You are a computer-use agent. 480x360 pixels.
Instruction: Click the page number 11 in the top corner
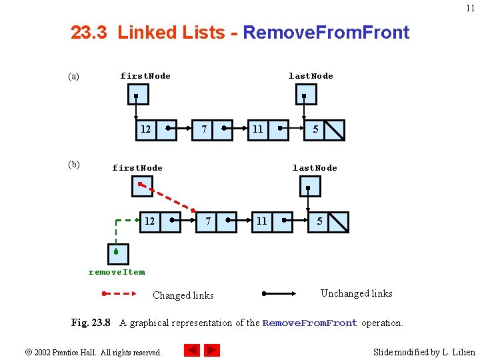[x=471, y=9]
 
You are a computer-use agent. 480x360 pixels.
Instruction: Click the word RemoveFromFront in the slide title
[x=326, y=32]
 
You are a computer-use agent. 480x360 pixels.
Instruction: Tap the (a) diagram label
[x=73, y=77]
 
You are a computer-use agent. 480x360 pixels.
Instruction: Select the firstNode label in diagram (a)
[x=145, y=76]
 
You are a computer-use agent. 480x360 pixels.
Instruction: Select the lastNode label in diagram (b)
[x=315, y=168]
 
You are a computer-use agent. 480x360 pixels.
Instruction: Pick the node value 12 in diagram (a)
[x=145, y=129]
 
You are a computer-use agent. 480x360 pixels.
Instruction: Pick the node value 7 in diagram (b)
[x=209, y=221]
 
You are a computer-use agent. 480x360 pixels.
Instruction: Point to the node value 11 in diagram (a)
[x=257, y=129]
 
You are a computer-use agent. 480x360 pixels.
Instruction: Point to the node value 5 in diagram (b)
[x=319, y=221]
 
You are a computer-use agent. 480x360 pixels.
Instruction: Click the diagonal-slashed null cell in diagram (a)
[x=335, y=129]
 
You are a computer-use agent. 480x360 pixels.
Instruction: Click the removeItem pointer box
[x=118, y=253]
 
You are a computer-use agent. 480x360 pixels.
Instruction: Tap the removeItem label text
[x=117, y=272]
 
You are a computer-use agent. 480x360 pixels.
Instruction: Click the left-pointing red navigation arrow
[x=192, y=349]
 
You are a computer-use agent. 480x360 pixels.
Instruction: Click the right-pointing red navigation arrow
[x=212, y=349]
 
